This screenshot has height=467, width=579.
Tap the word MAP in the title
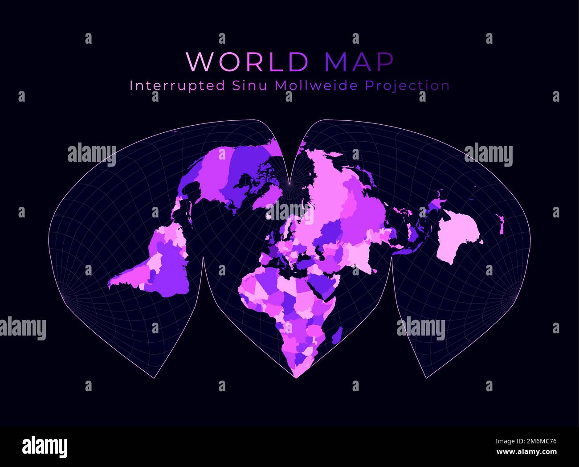coord(359,62)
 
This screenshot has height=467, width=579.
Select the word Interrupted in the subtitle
coord(177,86)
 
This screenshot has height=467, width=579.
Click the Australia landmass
coord(459,238)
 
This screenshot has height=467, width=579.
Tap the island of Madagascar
coord(338,334)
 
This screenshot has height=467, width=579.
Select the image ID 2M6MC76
coord(527,442)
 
